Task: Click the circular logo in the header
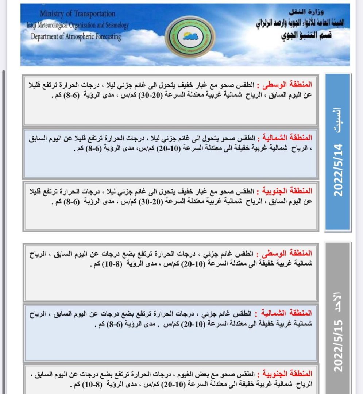(190, 36)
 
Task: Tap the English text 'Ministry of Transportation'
(77, 14)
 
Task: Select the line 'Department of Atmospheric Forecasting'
(76, 36)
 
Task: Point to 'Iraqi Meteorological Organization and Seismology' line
(78, 25)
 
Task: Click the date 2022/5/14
(339, 170)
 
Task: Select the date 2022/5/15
(339, 345)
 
